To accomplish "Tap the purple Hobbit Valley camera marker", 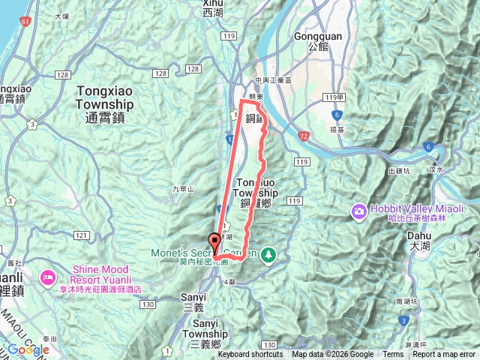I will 359,211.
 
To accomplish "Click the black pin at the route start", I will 216,242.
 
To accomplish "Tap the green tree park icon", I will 268,255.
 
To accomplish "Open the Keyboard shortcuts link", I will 250,355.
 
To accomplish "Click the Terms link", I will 393,355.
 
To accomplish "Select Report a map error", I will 445,355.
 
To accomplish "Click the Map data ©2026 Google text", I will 332,355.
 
